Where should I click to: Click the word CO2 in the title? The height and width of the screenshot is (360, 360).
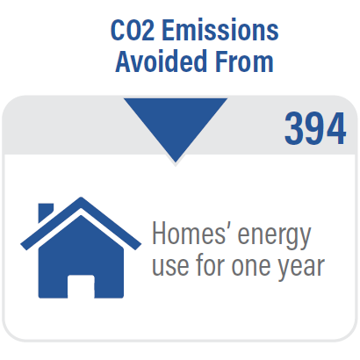[133, 30]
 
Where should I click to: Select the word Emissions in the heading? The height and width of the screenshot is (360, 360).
[220, 30]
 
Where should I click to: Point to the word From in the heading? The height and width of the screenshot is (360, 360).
[244, 61]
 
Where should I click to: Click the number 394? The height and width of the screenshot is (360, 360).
[315, 129]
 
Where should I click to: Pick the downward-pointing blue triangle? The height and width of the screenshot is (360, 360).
[176, 123]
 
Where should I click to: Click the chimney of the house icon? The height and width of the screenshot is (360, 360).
[46, 212]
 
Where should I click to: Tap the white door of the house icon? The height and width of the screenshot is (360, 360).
[81, 286]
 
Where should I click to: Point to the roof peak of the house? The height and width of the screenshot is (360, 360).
[81, 198]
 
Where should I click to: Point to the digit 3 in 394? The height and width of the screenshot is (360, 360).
[294, 129]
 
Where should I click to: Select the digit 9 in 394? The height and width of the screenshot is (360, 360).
[315, 129]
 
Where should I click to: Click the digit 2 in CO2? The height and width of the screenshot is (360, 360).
[148, 30]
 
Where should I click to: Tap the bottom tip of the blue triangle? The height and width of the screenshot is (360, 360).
[176, 162]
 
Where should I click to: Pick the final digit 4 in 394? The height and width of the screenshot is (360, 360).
[336, 129]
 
